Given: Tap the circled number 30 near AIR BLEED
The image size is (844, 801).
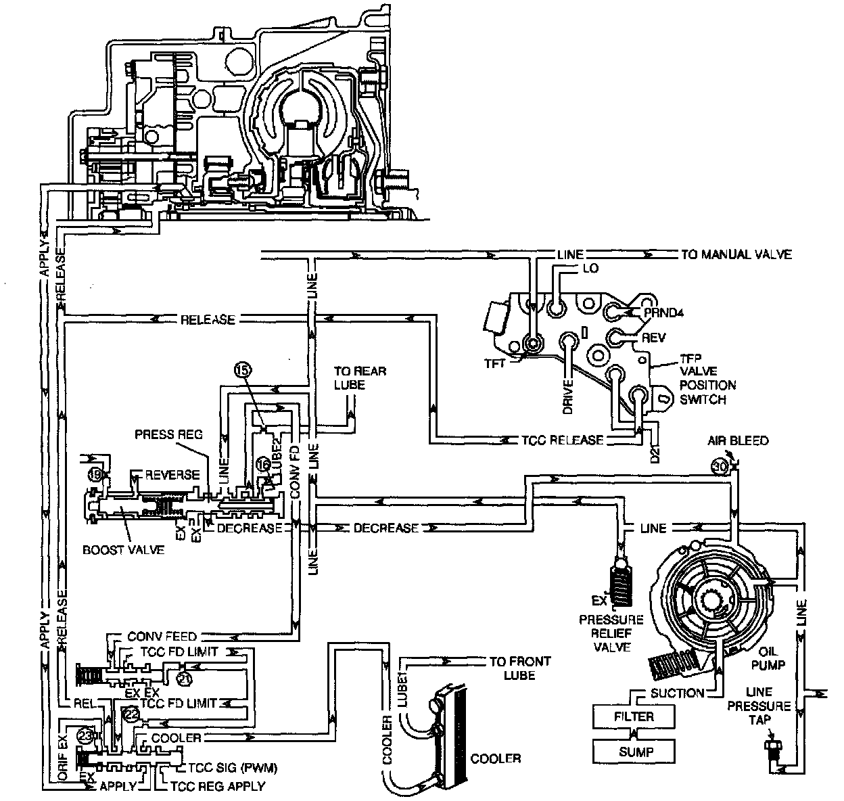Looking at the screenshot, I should click(719, 466).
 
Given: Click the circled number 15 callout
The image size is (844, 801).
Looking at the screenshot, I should click(243, 369).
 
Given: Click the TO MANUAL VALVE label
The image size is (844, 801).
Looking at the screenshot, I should click(736, 255).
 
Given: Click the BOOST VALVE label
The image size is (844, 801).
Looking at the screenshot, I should click(124, 549).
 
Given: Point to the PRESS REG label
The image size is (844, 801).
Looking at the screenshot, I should click(169, 434).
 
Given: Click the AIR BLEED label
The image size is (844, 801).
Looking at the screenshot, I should click(738, 440).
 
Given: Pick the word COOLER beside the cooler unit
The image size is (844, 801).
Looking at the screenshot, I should click(496, 758).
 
